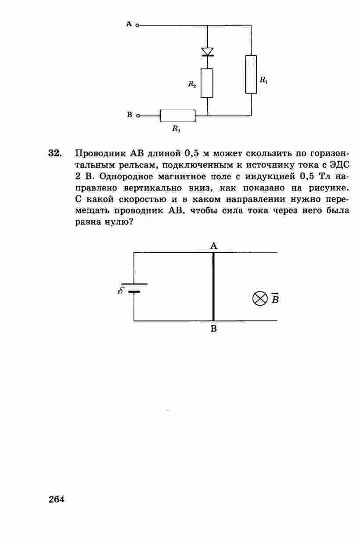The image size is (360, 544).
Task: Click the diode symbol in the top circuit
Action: (x=207, y=52)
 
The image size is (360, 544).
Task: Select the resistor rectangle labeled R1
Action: (x=251, y=74)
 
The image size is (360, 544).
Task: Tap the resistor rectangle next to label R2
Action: (x=207, y=83)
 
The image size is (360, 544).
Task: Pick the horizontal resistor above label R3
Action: (x=178, y=116)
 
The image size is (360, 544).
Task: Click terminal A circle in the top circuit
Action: (x=137, y=25)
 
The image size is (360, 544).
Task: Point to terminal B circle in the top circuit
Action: (x=137, y=116)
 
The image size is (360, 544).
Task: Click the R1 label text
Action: (x=263, y=80)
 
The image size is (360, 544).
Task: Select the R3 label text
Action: (x=176, y=129)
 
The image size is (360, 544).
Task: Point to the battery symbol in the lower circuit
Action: (x=134, y=288)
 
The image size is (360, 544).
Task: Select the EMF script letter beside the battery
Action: (x=121, y=290)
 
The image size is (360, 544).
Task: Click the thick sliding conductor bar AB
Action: (x=213, y=286)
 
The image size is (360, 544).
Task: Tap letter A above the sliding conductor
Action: (x=214, y=246)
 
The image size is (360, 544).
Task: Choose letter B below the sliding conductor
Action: (x=214, y=328)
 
